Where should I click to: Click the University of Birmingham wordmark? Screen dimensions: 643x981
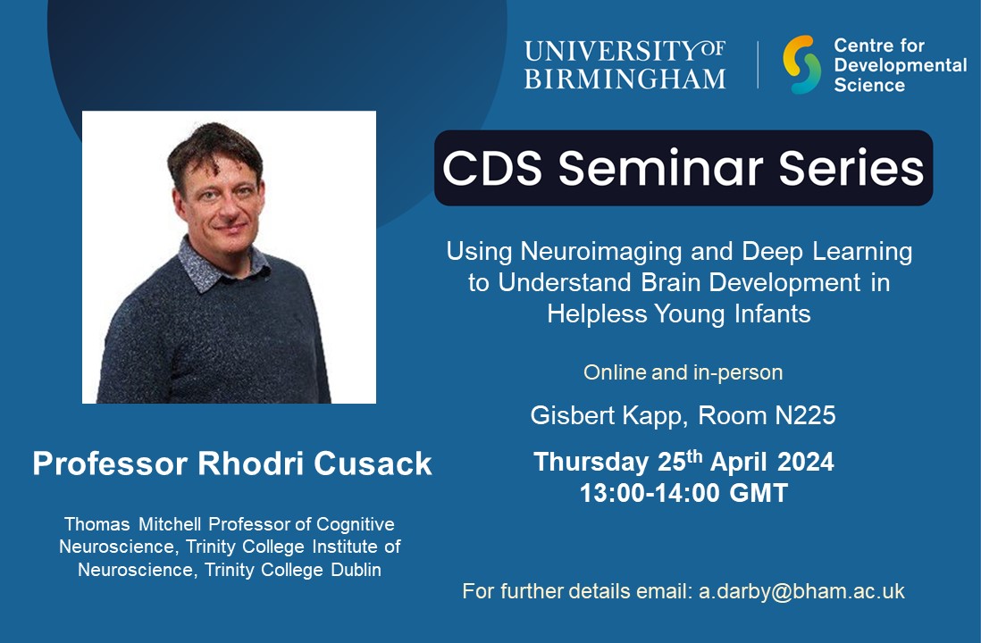coord(625,64)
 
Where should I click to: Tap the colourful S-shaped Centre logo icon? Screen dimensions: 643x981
coord(801,64)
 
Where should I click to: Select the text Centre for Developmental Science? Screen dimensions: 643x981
coord(900,64)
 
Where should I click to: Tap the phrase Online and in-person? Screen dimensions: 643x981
coord(683,372)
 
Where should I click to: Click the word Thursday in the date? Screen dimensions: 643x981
coord(591,463)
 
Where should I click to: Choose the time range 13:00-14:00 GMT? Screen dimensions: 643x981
coord(683,493)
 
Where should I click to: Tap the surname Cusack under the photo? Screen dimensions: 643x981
coord(376,463)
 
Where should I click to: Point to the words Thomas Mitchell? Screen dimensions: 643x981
coord(122,523)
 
